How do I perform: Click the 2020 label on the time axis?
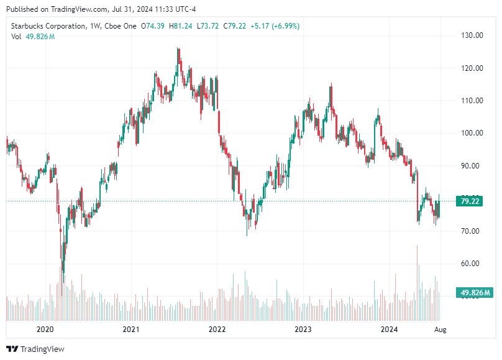45,329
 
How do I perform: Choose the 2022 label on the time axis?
217,329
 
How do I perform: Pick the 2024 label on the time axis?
389,329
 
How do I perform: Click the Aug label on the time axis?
440,329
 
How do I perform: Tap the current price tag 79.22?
470,201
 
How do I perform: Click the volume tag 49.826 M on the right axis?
475,292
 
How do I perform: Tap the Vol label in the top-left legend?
16,37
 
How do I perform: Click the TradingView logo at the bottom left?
35,349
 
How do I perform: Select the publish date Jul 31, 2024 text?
123,9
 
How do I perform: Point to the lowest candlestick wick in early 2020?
63,264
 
